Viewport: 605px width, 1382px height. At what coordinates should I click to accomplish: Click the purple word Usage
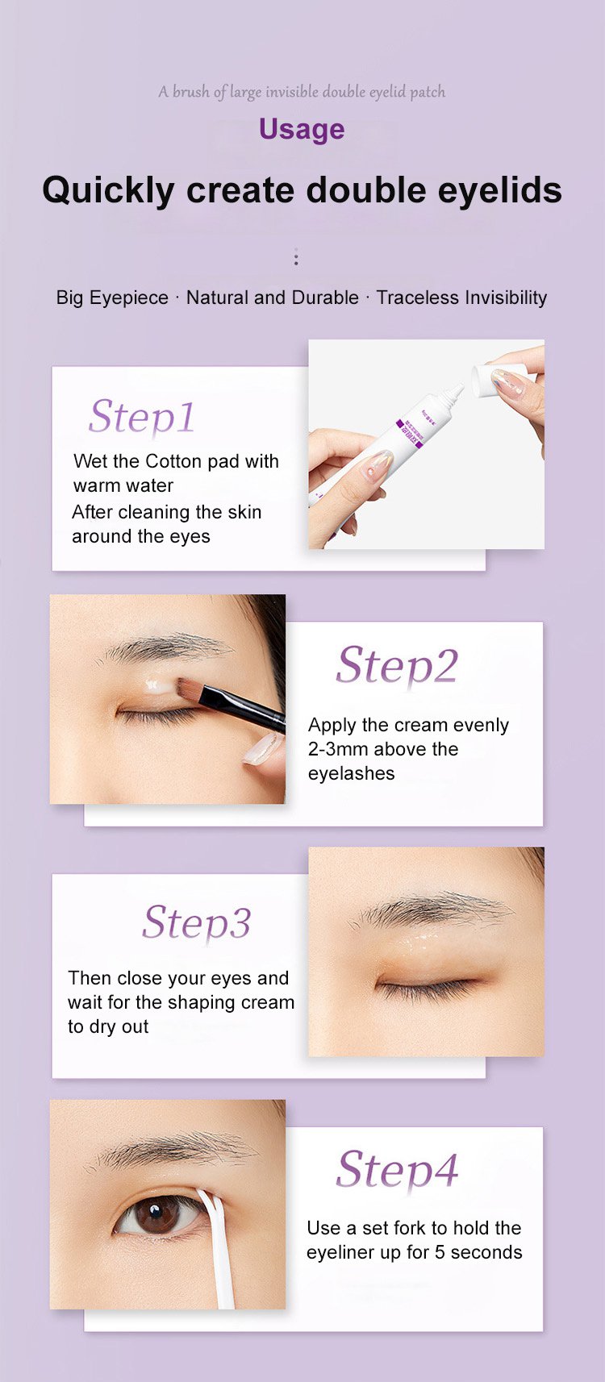(302, 130)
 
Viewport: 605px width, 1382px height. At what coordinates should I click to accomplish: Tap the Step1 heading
(141, 417)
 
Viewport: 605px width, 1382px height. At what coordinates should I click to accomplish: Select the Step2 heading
(397, 666)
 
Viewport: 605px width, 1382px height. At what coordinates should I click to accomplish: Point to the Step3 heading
(196, 923)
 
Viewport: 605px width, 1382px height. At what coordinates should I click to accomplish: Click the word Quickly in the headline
(109, 190)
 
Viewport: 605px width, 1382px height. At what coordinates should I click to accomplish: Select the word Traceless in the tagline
(418, 298)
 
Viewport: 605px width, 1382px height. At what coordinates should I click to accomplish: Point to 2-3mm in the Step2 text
(339, 749)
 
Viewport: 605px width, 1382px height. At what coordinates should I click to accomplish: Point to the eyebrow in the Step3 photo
(432, 908)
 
